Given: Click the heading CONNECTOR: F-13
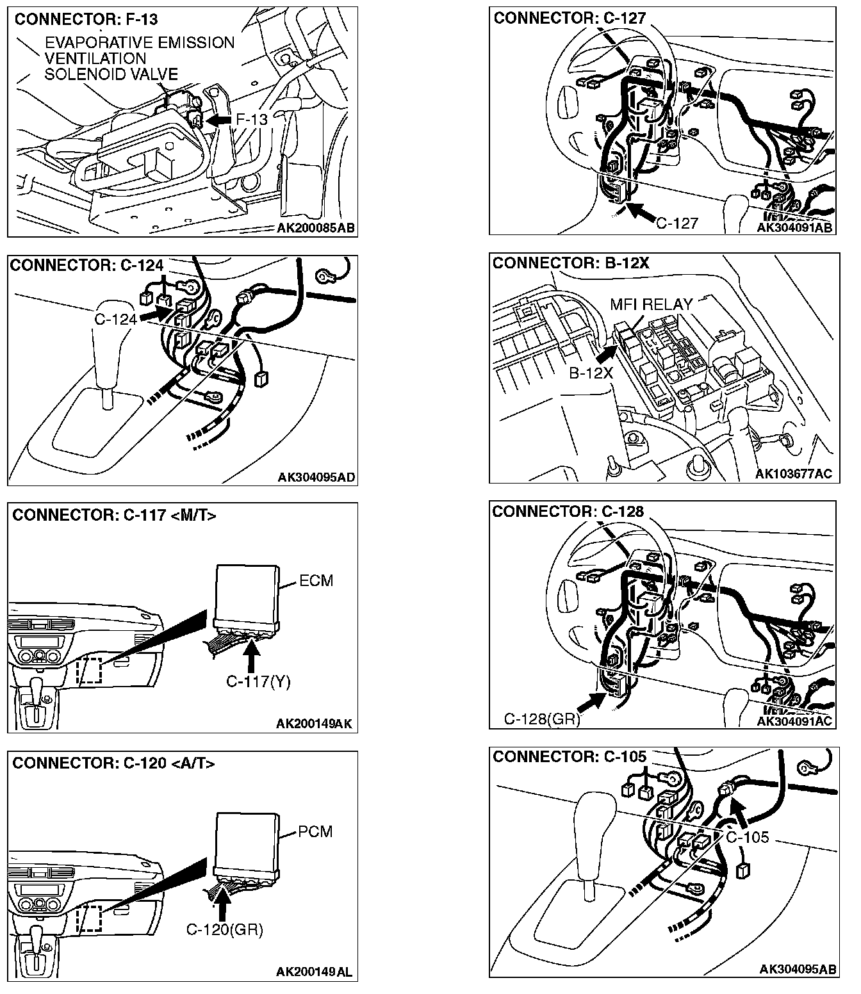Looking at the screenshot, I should point(86,19).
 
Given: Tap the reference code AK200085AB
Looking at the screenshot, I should point(316,228).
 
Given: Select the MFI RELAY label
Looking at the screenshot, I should point(651,304).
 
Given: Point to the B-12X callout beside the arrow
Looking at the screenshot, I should point(591,372).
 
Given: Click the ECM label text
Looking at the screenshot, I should point(316,581).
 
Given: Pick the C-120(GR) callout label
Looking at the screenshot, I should point(225,929).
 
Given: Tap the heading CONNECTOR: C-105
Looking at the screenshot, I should point(570,757).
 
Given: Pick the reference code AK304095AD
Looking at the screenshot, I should point(316,477).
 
